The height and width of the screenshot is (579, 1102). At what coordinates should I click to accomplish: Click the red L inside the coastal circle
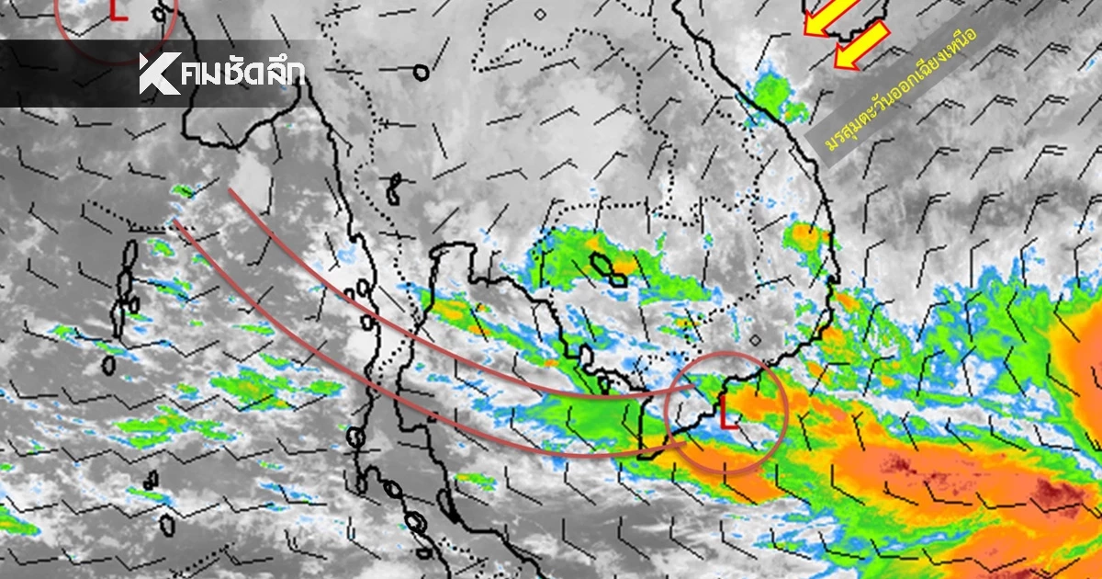point(728,413)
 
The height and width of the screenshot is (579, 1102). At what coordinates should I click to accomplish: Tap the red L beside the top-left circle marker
point(116,10)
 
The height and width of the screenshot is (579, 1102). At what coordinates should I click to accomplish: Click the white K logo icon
point(159,74)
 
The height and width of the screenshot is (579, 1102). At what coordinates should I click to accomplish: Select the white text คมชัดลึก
point(243,74)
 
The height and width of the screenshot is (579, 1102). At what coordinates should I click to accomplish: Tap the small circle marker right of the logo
point(421,72)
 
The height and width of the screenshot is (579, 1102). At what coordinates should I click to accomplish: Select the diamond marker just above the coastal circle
point(755,340)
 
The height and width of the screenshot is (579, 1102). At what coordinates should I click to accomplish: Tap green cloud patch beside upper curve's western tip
point(184,191)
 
